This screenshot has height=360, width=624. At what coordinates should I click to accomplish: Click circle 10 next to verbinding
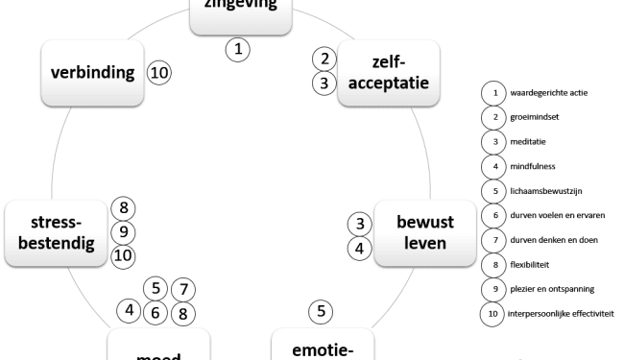point(157,72)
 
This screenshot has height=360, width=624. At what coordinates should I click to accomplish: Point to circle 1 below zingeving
point(241,48)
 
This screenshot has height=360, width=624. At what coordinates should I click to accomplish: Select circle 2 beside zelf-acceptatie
point(326,60)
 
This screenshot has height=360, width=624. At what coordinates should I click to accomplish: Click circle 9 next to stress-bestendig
point(122,231)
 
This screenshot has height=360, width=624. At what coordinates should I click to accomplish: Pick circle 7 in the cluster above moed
point(185,287)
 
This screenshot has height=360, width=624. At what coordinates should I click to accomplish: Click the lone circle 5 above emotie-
point(321,310)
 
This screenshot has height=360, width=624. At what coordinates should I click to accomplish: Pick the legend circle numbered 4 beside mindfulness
point(492,165)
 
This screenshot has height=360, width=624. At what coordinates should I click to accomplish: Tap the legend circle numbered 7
point(492,238)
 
